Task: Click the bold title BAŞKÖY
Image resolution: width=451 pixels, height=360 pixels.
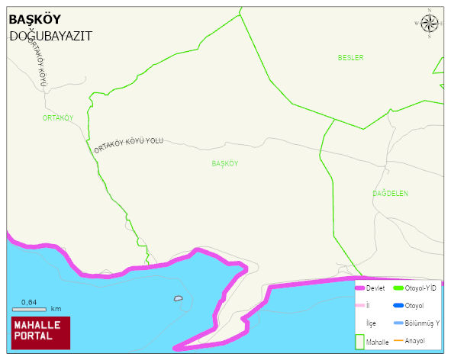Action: click(34, 21)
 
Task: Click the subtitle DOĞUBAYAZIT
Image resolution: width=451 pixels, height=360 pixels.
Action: click(50, 36)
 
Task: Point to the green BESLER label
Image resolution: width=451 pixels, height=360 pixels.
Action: click(351, 58)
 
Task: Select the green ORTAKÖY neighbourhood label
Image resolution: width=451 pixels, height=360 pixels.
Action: click(58, 118)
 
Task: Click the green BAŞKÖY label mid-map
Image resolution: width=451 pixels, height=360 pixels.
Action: click(225, 164)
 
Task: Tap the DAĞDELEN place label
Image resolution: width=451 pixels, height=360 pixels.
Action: click(390, 194)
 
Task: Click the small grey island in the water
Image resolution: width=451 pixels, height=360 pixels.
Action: click(179, 298)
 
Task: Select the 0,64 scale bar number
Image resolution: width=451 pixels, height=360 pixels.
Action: click(29, 303)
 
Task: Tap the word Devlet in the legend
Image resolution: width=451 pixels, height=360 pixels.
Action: click(375, 288)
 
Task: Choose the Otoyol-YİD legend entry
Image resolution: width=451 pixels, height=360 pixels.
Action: click(420, 288)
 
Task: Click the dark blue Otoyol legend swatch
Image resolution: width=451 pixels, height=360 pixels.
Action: click(398, 306)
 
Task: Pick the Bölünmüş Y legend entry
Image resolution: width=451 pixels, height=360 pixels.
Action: click(422, 323)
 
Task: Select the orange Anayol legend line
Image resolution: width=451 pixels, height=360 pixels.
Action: click(398, 340)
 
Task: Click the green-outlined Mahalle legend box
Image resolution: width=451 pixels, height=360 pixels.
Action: click(359, 342)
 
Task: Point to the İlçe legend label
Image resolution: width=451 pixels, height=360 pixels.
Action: click(372, 323)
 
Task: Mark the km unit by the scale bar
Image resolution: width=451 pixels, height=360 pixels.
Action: click(56, 310)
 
